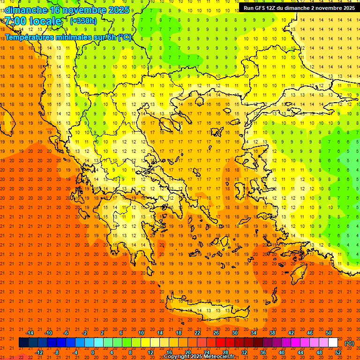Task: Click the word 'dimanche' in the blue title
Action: point(25,10)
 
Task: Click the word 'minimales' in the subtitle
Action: point(70,37)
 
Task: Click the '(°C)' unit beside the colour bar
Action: point(349,343)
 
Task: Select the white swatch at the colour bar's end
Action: point(333,343)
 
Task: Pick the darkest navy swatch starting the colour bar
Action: point(24,343)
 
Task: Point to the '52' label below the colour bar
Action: point(337,352)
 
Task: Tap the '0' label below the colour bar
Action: point(93,352)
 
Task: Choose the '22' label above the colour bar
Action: point(197,333)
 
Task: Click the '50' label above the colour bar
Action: point(328,333)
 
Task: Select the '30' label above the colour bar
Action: point(235,333)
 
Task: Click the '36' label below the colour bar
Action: point(262,352)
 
